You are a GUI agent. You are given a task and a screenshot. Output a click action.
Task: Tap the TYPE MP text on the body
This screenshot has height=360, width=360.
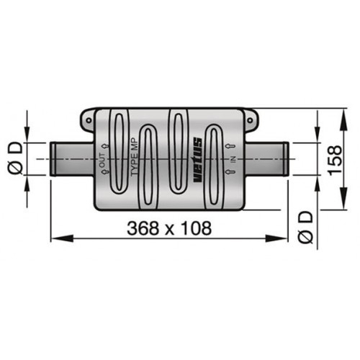point(134,158)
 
